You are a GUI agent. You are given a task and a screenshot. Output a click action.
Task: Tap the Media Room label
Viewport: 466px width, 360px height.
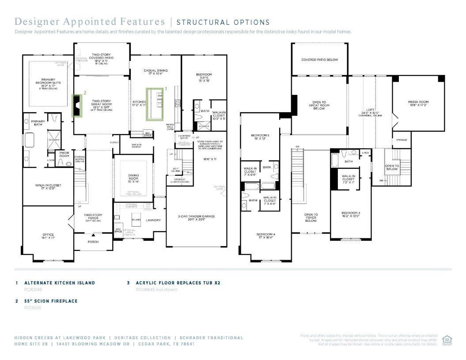tap(418, 103)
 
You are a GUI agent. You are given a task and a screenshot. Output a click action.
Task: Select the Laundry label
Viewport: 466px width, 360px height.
tap(153, 220)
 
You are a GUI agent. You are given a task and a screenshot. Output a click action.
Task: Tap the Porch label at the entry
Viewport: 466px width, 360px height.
tap(93, 242)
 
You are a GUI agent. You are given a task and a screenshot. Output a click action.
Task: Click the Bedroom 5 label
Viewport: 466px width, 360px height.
tap(260, 136)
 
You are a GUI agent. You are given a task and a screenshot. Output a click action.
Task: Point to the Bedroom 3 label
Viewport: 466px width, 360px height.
tap(351, 215)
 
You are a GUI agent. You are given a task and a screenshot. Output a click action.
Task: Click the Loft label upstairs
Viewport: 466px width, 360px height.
tap(370, 111)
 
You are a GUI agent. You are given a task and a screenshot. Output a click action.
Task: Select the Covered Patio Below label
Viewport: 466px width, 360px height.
tap(319, 60)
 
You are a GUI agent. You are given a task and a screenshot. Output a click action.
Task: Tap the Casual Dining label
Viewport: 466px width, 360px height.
tap(155, 72)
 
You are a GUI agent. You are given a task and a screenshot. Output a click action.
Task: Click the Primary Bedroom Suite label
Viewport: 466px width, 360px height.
tap(48, 83)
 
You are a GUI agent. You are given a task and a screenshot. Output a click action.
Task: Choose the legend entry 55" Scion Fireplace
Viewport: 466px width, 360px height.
tap(51, 301)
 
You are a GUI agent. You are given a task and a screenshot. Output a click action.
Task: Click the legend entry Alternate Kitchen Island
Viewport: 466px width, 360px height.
tap(59, 283)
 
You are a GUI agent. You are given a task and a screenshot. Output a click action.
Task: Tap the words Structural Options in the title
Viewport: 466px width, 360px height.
tap(223, 22)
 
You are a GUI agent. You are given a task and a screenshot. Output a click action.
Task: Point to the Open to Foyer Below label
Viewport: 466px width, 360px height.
tap(311, 217)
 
